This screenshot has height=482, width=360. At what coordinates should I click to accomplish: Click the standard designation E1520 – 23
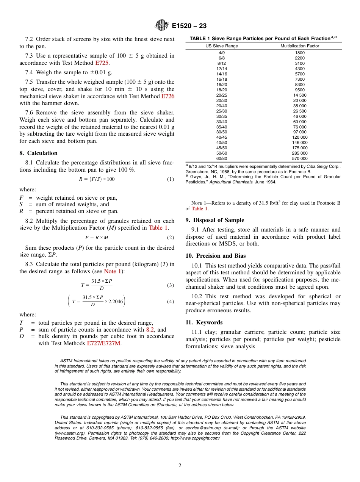[x=189, y=26]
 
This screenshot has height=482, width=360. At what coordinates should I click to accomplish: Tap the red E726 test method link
[x=168, y=96]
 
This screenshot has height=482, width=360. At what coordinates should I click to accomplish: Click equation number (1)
[x=171, y=179]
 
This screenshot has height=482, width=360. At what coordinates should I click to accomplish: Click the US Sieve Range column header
[x=222, y=46]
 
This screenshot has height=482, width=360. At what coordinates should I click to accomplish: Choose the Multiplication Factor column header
[x=300, y=46]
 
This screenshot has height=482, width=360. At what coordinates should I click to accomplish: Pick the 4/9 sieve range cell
[x=222, y=53]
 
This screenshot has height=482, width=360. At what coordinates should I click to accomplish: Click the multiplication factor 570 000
[x=300, y=158]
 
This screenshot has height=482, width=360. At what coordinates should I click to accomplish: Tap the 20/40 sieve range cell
[x=222, y=106]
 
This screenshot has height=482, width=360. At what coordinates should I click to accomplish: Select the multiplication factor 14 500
[x=300, y=95]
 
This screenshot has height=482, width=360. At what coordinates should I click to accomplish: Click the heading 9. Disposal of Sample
[x=214, y=220]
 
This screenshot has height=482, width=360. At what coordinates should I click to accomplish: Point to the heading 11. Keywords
[x=204, y=322]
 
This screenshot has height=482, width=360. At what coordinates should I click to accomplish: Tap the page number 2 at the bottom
[x=180, y=466]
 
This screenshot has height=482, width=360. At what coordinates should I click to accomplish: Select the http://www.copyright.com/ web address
[x=195, y=438]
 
